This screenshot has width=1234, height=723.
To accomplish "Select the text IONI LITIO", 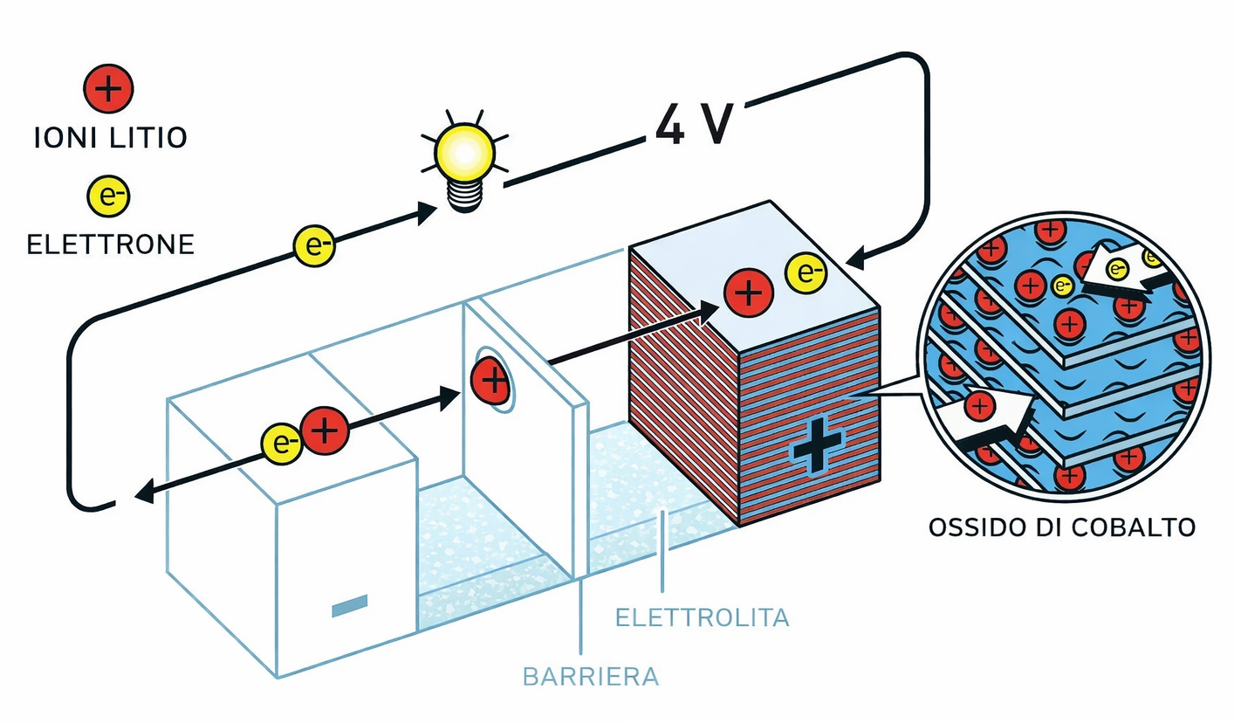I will pos(110,138).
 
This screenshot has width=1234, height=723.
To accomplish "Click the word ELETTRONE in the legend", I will pos(110,244).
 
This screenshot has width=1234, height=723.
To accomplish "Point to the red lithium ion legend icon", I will pos(108,91).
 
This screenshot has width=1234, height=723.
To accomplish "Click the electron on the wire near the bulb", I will pos(313,245).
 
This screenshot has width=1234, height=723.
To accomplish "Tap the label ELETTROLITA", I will pos(702,617).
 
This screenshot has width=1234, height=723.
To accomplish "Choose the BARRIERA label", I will pos(590,676).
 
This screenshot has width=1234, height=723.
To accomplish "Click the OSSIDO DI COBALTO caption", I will pos(1061,527).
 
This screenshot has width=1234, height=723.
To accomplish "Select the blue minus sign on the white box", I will pos(349,605).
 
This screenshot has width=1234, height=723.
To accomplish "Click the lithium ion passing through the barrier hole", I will pos(490,381).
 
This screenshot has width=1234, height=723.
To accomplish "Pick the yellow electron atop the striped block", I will pos(806,274).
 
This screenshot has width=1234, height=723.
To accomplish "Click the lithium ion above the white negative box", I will pos(325,431).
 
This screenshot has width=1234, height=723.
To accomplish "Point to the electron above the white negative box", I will pos(282,444).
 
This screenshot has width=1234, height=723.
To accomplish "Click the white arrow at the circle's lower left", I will pos(991,419).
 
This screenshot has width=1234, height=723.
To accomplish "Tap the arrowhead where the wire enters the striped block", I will pos(858,258).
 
